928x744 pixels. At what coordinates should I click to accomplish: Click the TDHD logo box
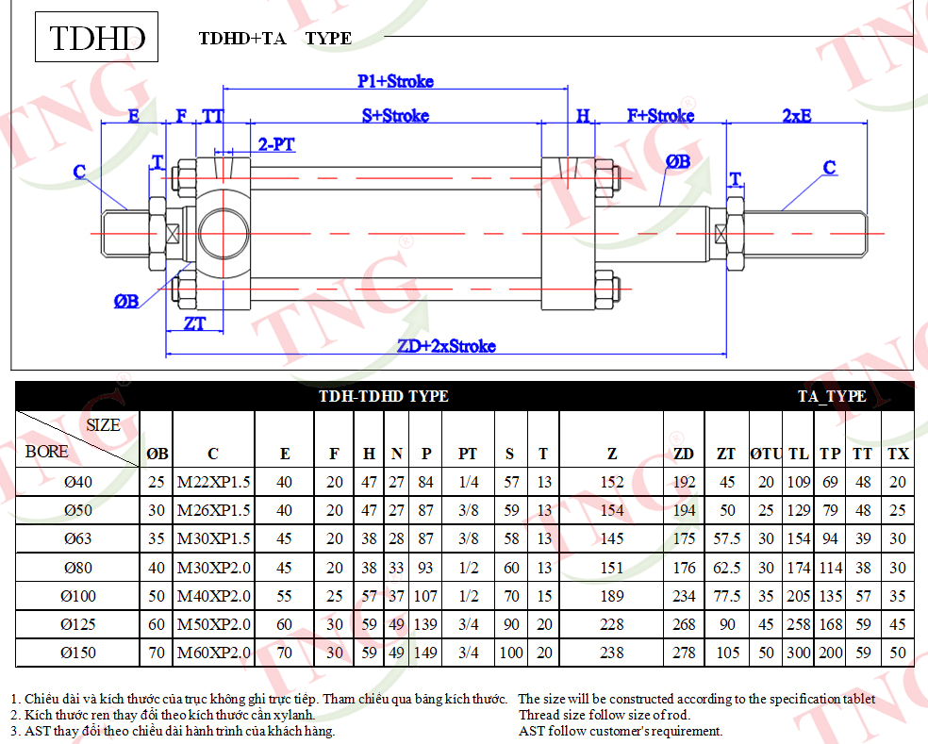pyautogui.click(x=96, y=37)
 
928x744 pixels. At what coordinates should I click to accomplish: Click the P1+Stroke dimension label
pyautogui.click(x=395, y=81)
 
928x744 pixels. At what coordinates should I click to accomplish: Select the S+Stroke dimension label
pyautogui.click(x=395, y=115)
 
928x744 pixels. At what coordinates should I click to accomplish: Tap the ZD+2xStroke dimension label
pyautogui.click(x=446, y=346)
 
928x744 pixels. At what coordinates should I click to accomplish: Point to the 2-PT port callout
pyautogui.click(x=276, y=144)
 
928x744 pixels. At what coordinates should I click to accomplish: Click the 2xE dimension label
pyautogui.click(x=797, y=115)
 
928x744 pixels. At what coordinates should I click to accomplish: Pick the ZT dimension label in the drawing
pyautogui.click(x=194, y=323)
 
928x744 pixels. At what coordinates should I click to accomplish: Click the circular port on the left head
pyautogui.click(x=224, y=233)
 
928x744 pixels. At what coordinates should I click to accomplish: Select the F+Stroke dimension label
pyautogui.click(x=660, y=115)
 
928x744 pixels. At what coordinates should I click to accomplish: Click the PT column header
pyautogui.click(x=468, y=454)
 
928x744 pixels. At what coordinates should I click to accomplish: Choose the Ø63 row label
pyautogui.click(x=78, y=538)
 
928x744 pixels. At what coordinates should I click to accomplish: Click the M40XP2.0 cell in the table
pyautogui.click(x=214, y=596)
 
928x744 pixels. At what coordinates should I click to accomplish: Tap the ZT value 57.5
pyautogui.click(x=727, y=538)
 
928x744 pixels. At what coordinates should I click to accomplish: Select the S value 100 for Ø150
pyautogui.click(x=511, y=653)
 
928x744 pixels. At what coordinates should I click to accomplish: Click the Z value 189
pyautogui.click(x=612, y=596)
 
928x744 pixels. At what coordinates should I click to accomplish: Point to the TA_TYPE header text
pyautogui.click(x=832, y=396)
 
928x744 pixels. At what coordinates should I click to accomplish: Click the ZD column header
pyautogui.click(x=684, y=454)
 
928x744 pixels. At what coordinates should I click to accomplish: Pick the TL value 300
pyautogui.click(x=799, y=653)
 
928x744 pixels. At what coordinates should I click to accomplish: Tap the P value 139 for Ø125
pyautogui.click(x=425, y=624)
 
